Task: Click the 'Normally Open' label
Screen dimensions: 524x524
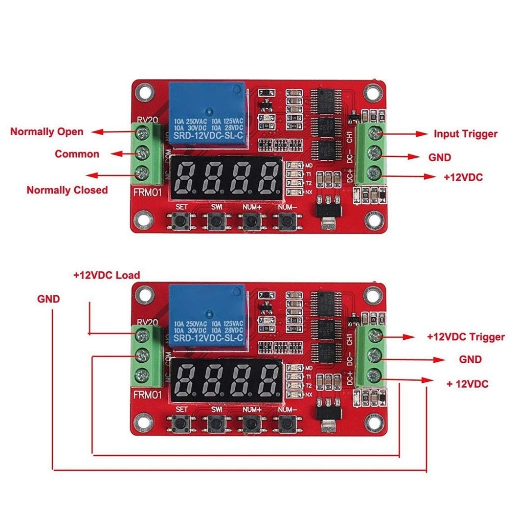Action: point(47,132)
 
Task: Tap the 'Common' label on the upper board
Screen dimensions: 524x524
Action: point(77,154)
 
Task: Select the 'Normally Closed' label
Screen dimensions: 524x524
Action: point(67,190)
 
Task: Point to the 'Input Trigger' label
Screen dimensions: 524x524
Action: point(465,134)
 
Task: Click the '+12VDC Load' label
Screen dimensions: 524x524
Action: point(106,275)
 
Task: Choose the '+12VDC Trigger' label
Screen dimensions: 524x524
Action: point(465,337)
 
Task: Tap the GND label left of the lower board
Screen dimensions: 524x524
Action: point(49,298)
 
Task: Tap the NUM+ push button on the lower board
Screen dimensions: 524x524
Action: point(251,423)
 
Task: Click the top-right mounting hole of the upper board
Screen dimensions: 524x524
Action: point(372,93)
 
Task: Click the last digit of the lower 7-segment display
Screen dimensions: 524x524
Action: point(267,380)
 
